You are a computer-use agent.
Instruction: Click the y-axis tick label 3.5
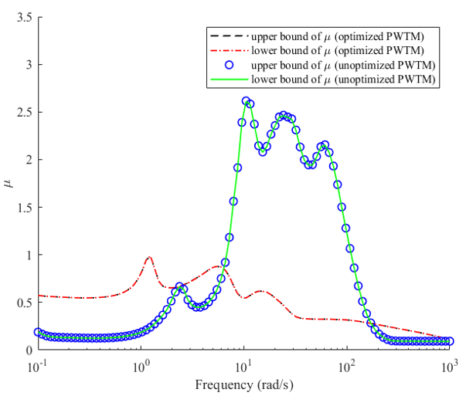[25, 18]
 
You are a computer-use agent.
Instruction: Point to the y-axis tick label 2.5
[25, 113]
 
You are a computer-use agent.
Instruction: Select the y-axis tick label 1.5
[25, 208]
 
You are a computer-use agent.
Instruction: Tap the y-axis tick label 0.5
[25, 303]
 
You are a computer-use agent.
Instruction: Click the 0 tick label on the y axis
[29, 350]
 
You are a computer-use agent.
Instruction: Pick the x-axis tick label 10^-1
[38, 367]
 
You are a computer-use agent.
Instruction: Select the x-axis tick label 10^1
[243, 367]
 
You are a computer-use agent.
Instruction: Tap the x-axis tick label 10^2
[346, 367]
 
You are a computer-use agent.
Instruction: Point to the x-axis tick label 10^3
[449, 367]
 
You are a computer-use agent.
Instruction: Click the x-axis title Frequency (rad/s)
[244, 385]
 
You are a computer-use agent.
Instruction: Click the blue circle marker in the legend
[230, 65]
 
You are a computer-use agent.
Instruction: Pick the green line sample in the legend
[230, 80]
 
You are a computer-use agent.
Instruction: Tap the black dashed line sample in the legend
[230, 36]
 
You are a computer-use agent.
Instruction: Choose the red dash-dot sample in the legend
[230, 51]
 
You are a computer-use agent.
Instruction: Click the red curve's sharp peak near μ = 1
[149, 257]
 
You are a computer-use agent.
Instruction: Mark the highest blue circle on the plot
[246, 101]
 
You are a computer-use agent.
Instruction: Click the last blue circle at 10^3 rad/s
[450, 340]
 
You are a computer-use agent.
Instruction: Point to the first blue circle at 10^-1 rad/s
[38, 332]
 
